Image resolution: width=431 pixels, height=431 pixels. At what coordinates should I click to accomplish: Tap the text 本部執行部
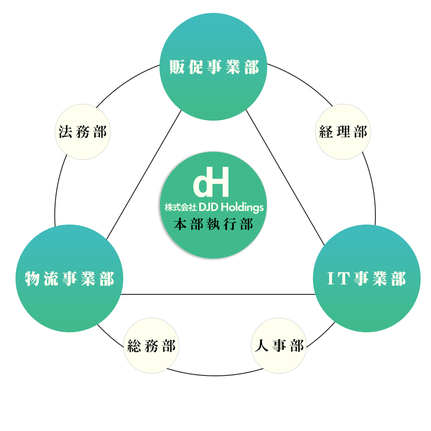pyautogui.click(x=213, y=225)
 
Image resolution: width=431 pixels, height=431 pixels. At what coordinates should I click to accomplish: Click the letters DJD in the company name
pyautogui.click(x=209, y=207)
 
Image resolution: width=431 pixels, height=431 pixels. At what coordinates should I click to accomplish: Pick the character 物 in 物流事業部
pyautogui.click(x=33, y=279)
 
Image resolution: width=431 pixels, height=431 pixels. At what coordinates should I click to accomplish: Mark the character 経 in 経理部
pyautogui.click(x=326, y=132)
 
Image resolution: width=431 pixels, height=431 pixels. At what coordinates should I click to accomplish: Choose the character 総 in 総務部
pyautogui.click(x=134, y=346)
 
